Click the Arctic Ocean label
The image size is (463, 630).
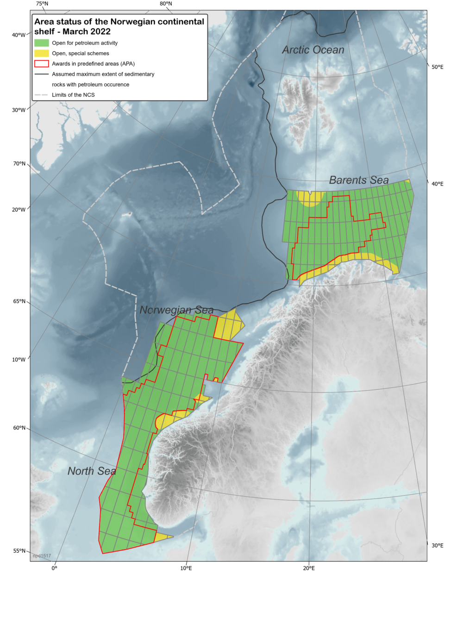point(313,50)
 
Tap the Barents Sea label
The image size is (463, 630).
point(358,180)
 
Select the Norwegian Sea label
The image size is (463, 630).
point(176,310)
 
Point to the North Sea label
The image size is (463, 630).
point(92,471)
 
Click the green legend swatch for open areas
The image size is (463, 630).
point(41,43)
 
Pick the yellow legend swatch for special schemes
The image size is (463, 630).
point(41,53)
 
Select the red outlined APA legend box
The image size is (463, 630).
point(41,64)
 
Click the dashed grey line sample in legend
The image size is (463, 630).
point(41,95)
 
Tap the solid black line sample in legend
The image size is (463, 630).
point(41,74)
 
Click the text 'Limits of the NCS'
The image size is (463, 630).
point(73,95)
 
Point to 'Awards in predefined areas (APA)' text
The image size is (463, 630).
point(93,64)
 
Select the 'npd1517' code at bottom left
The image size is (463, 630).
point(42,556)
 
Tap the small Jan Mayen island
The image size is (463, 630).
point(126,214)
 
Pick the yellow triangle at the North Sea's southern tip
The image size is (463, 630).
point(161,537)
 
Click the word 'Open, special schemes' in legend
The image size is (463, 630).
point(81,53)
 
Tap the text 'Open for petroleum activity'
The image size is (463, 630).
point(85,43)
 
